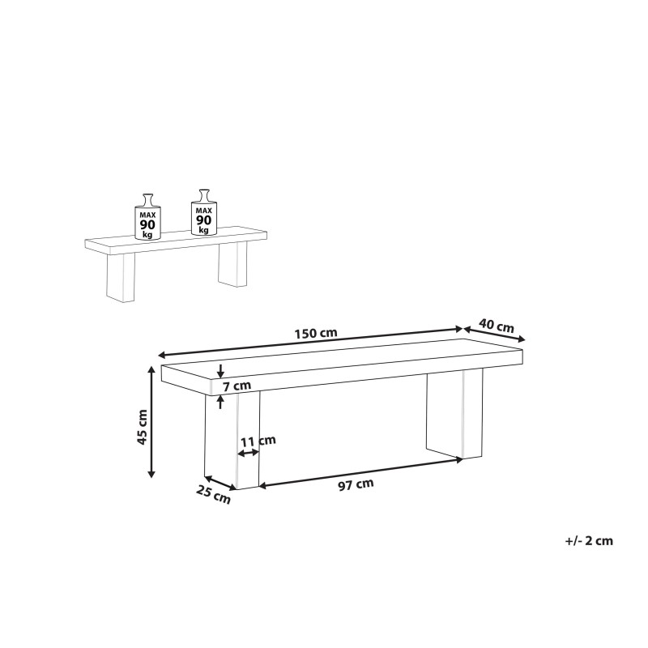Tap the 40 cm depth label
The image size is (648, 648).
point(497,326)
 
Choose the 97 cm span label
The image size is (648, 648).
point(356,485)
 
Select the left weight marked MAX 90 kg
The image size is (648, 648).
point(147,217)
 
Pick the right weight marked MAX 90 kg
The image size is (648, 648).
point(203,214)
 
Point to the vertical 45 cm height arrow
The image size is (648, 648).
point(151,421)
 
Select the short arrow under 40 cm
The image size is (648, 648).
point(495,335)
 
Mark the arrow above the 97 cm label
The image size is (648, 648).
point(360,473)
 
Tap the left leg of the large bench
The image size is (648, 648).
point(231,441)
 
